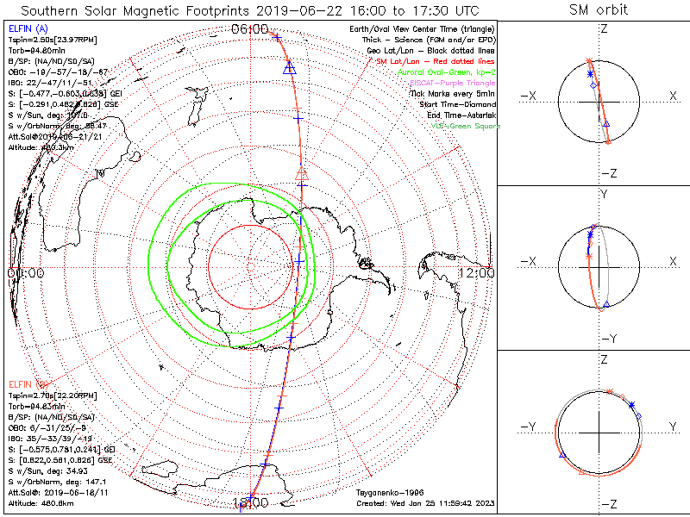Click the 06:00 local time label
(250, 28)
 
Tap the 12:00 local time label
(477, 273)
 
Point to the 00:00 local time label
(25, 273)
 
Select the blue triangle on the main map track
(290, 69)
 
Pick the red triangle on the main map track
(302, 175)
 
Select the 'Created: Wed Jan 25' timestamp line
(423, 501)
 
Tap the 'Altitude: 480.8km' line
(43, 501)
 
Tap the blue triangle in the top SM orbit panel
(606, 125)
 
